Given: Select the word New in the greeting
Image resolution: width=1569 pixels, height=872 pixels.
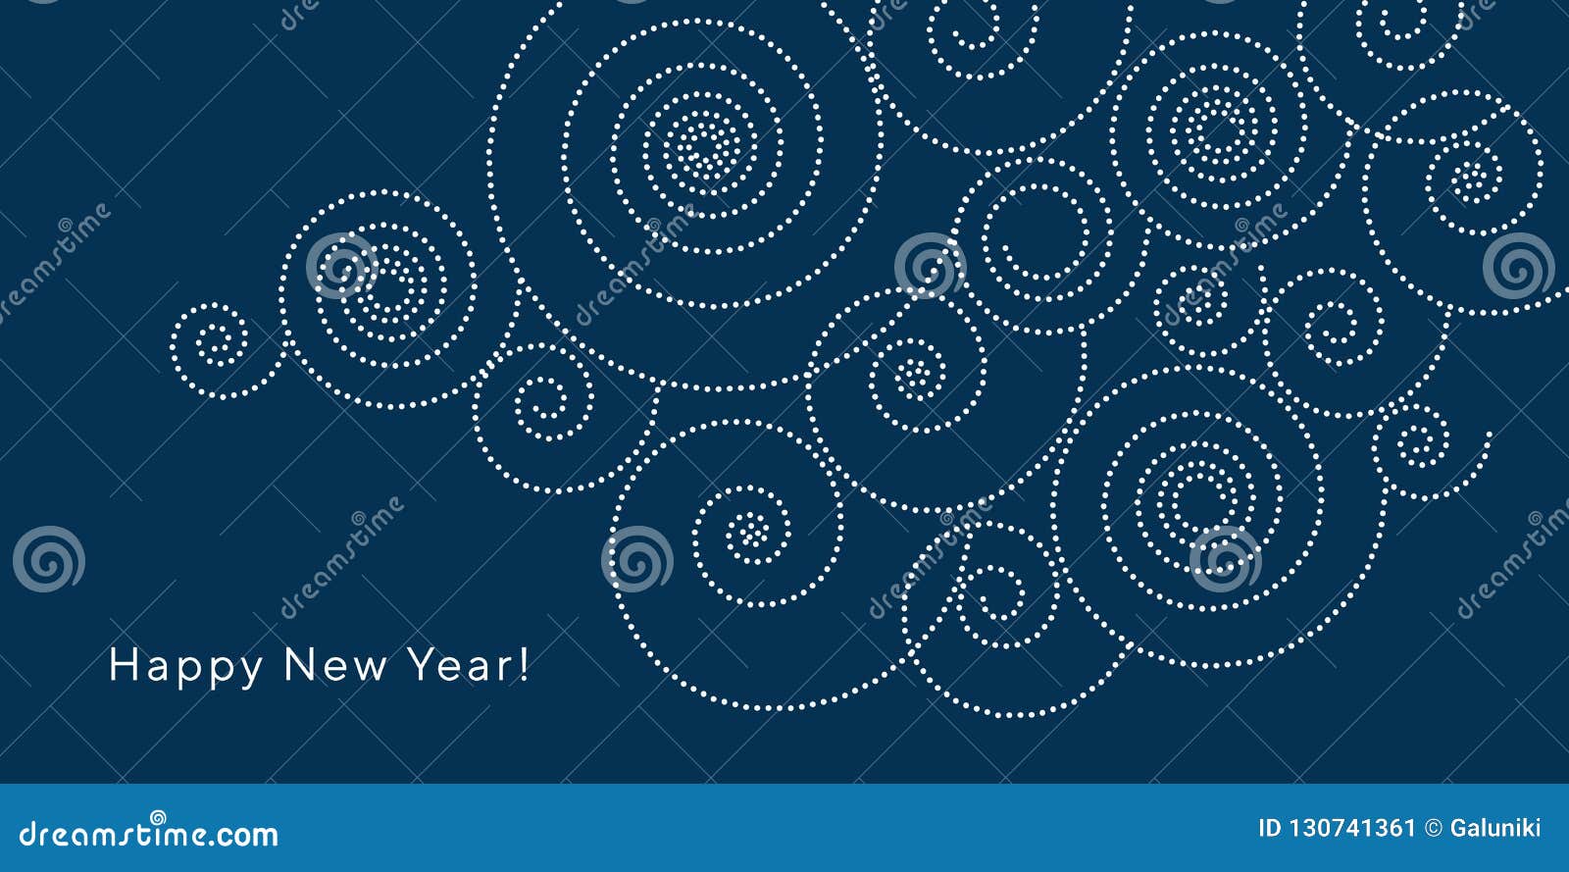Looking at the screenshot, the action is [x=334, y=665].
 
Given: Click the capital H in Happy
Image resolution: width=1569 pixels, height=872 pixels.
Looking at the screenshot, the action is [x=124, y=664].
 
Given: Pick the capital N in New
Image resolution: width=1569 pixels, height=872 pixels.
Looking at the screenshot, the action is [x=299, y=664].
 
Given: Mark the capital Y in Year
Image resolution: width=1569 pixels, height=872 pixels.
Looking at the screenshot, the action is [x=423, y=664].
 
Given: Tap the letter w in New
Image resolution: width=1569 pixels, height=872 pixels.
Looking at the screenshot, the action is [x=369, y=670].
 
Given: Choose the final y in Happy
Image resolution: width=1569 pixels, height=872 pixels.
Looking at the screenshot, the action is [x=249, y=673].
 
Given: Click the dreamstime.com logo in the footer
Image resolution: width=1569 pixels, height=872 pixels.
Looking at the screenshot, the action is [x=148, y=832].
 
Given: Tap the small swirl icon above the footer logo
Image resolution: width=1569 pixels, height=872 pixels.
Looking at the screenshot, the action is [x=158, y=818].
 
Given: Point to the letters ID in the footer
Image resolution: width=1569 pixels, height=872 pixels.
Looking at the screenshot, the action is [x=1269, y=829].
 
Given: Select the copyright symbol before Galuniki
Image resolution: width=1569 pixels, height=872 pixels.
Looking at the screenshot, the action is [x=1434, y=829].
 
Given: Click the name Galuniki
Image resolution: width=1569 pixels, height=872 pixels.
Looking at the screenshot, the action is [x=1495, y=829].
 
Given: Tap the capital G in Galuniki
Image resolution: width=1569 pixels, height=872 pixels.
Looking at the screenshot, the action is [x=1459, y=829].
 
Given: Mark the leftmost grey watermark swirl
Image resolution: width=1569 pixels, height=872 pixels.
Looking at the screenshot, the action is [x=49, y=559].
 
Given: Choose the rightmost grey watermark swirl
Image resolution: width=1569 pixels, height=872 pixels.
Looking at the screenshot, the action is [x=1518, y=266].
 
